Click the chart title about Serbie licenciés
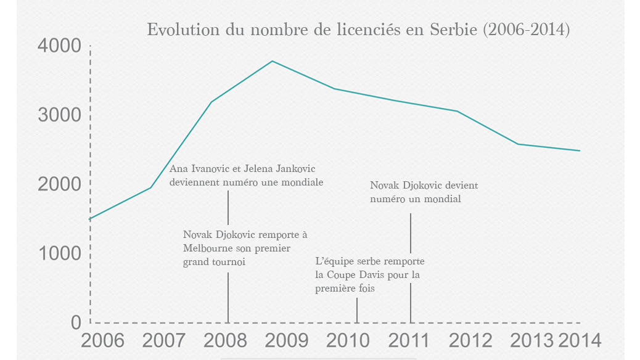[x=358, y=30]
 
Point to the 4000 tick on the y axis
[x=59, y=46]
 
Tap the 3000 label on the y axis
[x=59, y=115]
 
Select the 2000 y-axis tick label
[x=59, y=184]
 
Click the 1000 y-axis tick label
[x=59, y=253]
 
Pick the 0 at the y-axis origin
[x=76, y=322]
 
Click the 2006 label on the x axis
[x=102, y=340]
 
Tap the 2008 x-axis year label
[x=225, y=340]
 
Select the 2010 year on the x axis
[x=348, y=340]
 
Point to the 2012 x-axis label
[x=470, y=340]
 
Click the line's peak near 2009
[x=272, y=61]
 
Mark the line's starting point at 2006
[x=91, y=219]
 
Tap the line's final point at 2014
[x=580, y=150]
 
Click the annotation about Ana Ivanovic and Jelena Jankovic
[x=246, y=175]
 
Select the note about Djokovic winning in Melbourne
[x=245, y=248]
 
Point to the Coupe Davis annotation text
[x=369, y=274]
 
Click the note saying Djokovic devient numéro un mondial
[x=424, y=192]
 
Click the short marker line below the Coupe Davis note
[x=357, y=310]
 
